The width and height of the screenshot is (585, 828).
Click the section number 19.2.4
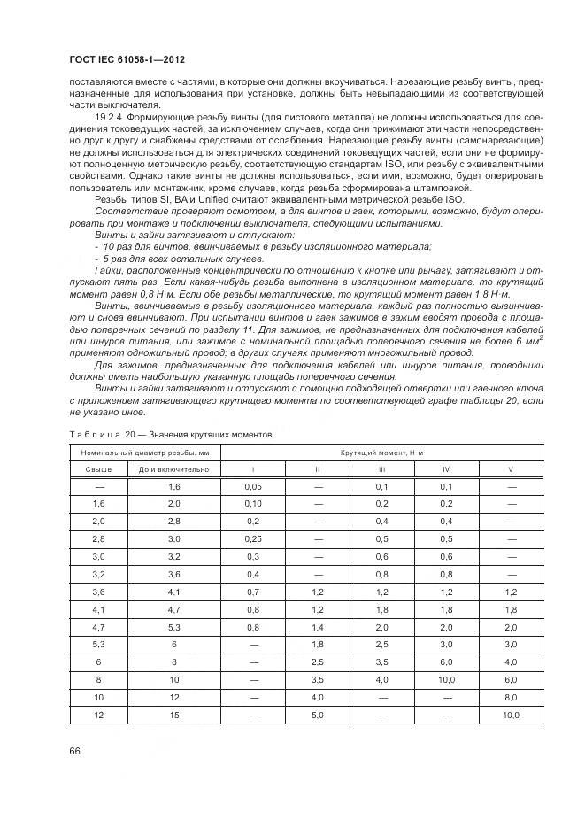pyautogui.click(x=108, y=116)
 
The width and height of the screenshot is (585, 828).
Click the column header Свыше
pyautogui.click(x=98, y=469)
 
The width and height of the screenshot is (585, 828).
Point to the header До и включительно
pyautogui.click(x=173, y=469)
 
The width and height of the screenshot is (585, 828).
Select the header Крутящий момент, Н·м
pyautogui.click(x=381, y=453)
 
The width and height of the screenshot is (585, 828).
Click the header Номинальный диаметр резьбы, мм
pyautogui.click(x=144, y=453)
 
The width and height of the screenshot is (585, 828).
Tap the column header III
pyautogui.click(x=381, y=469)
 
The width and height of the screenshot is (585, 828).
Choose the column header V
pyautogui.click(x=511, y=469)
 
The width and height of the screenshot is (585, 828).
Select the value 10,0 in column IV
pyautogui.click(x=446, y=678)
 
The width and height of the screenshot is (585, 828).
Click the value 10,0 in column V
pyautogui.click(x=511, y=714)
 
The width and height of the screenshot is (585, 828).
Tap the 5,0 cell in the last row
pyautogui.click(x=317, y=714)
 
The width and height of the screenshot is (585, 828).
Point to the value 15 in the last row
pyautogui.click(x=173, y=714)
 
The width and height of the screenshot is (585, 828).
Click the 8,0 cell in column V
pyautogui.click(x=511, y=696)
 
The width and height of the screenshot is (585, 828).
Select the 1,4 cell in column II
pyautogui.click(x=317, y=626)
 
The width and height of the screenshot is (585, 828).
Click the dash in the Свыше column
pyautogui.click(x=98, y=486)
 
